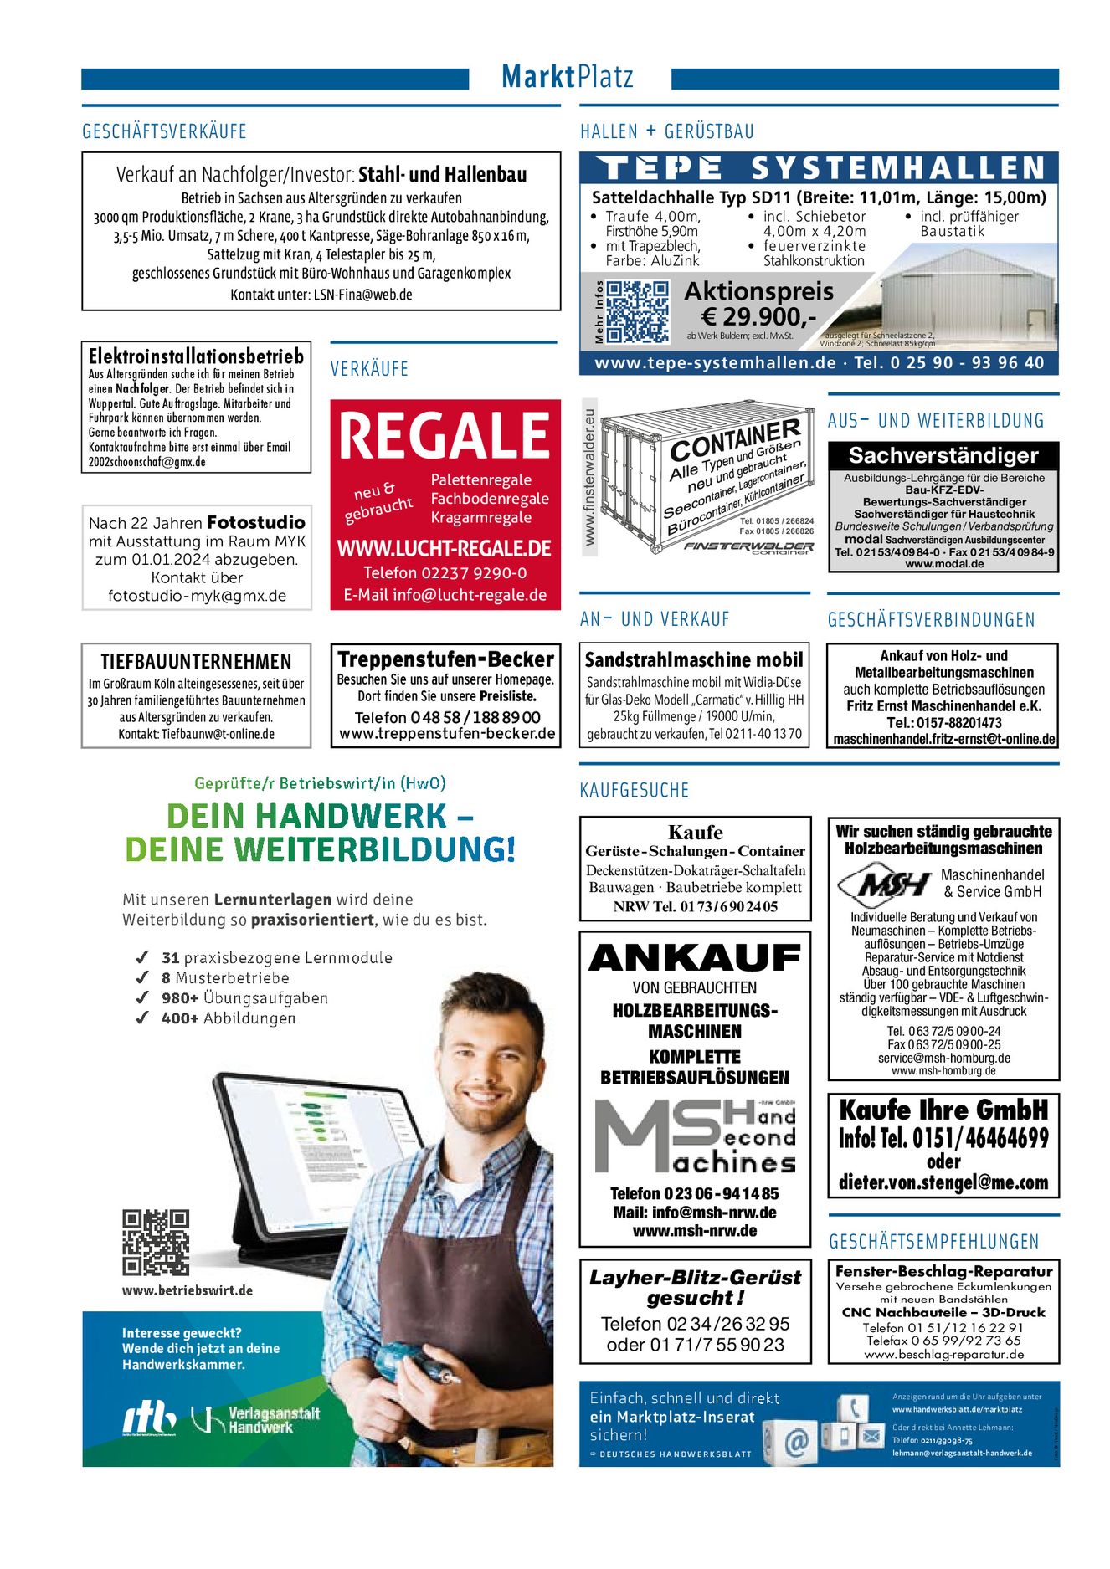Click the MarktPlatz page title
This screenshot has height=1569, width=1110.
point(567,77)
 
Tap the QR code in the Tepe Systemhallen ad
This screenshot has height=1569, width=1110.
point(637,312)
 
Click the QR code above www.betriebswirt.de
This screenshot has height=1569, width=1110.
point(156,1242)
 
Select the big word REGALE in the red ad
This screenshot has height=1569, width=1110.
point(445,436)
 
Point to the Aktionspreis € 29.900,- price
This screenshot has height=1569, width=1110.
point(758,305)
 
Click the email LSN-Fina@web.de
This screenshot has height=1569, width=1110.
point(362,295)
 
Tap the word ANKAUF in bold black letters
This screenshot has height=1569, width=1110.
point(695,958)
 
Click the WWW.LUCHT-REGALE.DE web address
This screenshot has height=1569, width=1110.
point(445,549)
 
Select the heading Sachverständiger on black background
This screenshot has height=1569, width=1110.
point(943,455)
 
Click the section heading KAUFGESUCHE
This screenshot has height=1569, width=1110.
point(634,790)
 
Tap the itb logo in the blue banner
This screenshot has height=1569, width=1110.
point(150,1418)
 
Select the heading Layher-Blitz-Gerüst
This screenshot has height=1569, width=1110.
point(695,1278)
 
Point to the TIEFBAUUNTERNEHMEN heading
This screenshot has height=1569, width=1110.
point(196,661)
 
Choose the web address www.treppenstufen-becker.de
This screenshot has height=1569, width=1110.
point(447,734)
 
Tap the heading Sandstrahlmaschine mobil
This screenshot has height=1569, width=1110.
point(694,660)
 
